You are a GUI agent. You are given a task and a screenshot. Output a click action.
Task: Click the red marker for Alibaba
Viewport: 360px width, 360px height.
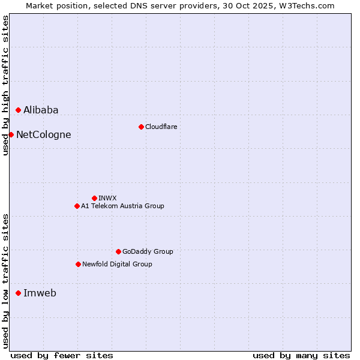click(x=19, y=110)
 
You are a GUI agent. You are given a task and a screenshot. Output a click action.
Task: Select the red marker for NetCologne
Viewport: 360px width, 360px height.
click(x=11, y=134)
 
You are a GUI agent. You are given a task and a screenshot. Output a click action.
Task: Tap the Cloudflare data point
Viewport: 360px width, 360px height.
click(x=141, y=127)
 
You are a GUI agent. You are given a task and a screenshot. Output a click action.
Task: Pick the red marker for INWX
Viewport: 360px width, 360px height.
click(x=94, y=198)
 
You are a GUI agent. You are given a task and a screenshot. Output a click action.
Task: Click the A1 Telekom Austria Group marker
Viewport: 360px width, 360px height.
click(x=77, y=206)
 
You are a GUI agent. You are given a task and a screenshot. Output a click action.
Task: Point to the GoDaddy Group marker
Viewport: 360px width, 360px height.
click(x=118, y=251)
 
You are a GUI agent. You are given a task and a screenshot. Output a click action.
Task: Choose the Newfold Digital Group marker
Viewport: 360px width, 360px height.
click(x=78, y=264)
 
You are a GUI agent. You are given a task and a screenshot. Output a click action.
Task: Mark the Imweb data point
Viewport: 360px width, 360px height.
click(x=19, y=293)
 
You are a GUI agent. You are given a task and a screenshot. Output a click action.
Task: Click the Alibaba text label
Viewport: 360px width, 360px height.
click(x=41, y=110)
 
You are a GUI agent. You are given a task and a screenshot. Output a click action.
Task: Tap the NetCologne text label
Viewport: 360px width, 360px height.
click(x=43, y=134)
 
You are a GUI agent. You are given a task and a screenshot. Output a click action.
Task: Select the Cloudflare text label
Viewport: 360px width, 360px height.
click(x=161, y=127)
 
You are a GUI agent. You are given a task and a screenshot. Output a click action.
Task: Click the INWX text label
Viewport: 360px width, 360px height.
click(x=107, y=198)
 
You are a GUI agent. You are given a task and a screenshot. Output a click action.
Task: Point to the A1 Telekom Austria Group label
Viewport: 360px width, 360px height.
click(x=122, y=206)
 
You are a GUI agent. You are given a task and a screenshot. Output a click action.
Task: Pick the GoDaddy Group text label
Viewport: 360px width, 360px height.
click(x=148, y=251)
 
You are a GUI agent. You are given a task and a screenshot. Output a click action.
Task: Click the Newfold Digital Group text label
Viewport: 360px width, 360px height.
click(x=117, y=264)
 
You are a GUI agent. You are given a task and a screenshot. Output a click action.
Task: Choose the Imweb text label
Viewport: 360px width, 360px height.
click(x=40, y=293)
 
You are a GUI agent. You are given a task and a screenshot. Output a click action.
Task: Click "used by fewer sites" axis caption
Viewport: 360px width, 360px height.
click(x=62, y=355)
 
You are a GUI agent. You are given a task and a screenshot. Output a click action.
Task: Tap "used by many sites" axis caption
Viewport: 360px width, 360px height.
click(x=301, y=355)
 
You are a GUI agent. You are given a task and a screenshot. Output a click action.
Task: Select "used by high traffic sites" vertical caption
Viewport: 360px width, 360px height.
click(x=5, y=85)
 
